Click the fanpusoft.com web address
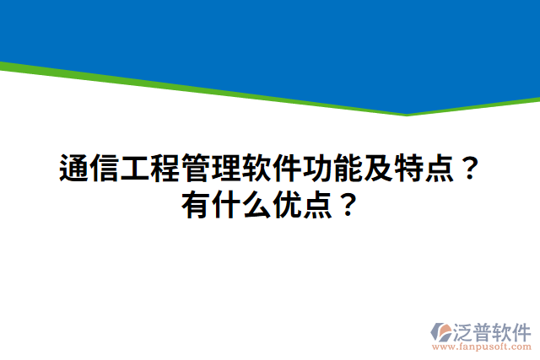[x=482, y=346]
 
